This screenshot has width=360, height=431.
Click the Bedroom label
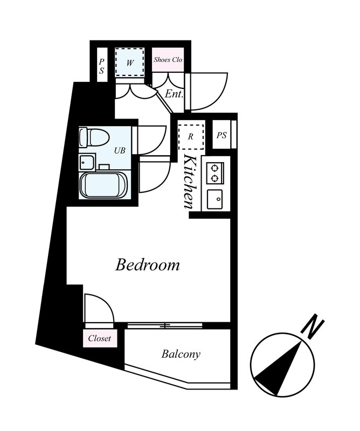click(147, 265)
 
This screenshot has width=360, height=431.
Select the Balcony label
click(181, 354)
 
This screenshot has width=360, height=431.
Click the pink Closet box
click(100, 338)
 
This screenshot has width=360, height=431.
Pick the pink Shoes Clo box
click(168, 60)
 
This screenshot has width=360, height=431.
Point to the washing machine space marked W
click(129, 62)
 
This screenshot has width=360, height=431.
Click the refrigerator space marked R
click(191, 137)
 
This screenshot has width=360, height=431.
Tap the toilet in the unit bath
click(94, 137)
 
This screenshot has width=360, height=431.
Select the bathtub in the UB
click(103, 185)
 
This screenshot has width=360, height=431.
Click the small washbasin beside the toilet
click(86, 163)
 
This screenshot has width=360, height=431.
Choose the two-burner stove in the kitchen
click(215, 173)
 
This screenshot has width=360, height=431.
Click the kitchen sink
click(215, 199)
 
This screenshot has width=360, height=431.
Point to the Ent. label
click(174, 94)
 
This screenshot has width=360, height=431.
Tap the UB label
click(120, 150)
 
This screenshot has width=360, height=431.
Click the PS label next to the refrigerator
click(221, 135)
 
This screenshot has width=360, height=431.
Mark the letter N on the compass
click(313, 329)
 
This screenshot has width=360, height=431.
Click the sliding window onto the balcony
click(165, 325)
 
